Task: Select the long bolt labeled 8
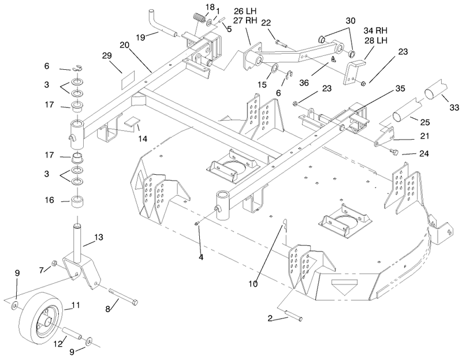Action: click(123, 297)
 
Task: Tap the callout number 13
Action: click(99, 237)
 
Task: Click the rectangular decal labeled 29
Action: click(128, 80)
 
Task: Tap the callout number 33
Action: click(454, 107)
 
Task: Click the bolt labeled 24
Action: click(393, 152)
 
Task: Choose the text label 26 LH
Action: click(245, 11)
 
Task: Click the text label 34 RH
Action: click(375, 31)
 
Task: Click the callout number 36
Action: click(304, 83)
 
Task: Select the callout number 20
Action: click(125, 45)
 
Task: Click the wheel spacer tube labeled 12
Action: click(72, 333)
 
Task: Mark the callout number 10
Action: click(253, 284)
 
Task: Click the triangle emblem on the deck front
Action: click(344, 287)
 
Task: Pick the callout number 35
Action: click(400, 88)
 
